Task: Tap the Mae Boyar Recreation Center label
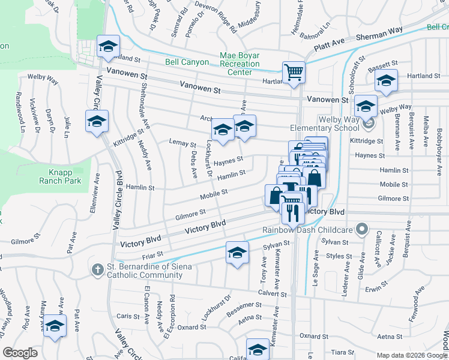(x=240, y=64)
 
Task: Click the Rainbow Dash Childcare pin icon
(x=361, y=229)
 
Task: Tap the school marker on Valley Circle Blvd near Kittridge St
(x=97, y=122)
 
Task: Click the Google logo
(x=20, y=353)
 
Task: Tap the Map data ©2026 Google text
(x=411, y=355)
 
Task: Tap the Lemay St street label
(x=184, y=145)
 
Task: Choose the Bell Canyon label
(x=188, y=62)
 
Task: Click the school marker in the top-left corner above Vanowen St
(x=108, y=46)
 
